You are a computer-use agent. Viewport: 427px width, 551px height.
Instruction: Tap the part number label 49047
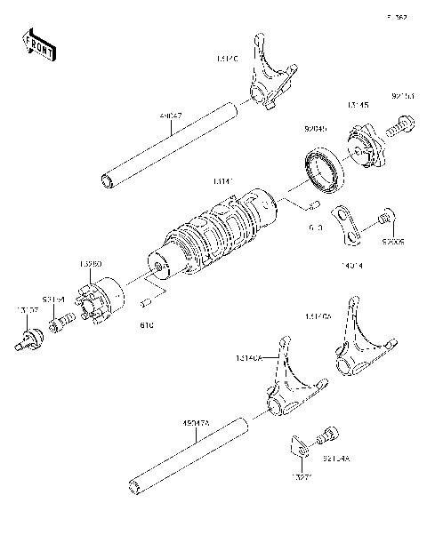[x=173, y=116]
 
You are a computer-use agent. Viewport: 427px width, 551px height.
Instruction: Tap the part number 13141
[x=224, y=180]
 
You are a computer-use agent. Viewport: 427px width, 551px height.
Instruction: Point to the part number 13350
[x=91, y=264]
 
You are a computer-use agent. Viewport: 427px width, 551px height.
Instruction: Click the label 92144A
[x=335, y=459]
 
